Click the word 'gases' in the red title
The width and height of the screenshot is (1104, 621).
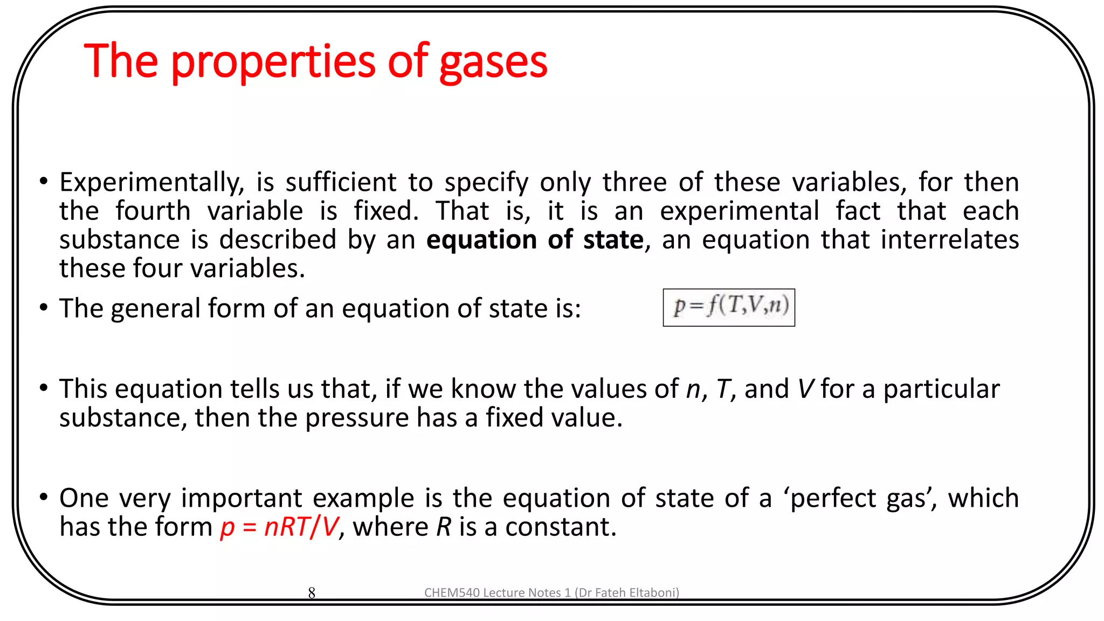click(x=493, y=63)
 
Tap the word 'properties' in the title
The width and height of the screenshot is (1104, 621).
click(x=273, y=63)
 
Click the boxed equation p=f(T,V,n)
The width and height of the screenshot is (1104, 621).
click(x=729, y=307)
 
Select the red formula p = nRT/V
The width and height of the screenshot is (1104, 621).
click(x=279, y=527)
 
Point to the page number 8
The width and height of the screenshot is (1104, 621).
click(x=312, y=593)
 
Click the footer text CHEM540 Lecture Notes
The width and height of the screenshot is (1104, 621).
click(x=551, y=592)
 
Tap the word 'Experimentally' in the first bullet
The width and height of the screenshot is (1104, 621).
click(x=151, y=182)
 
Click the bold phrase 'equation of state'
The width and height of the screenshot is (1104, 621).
click(x=535, y=239)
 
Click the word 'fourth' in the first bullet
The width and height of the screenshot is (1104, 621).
click(x=153, y=211)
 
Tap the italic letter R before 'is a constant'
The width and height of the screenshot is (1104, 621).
click(x=444, y=527)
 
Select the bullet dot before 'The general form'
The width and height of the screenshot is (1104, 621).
click(x=44, y=308)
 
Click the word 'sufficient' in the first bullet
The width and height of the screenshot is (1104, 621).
click(x=341, y=182)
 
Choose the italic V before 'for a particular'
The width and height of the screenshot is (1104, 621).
click(x=805, y=389)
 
